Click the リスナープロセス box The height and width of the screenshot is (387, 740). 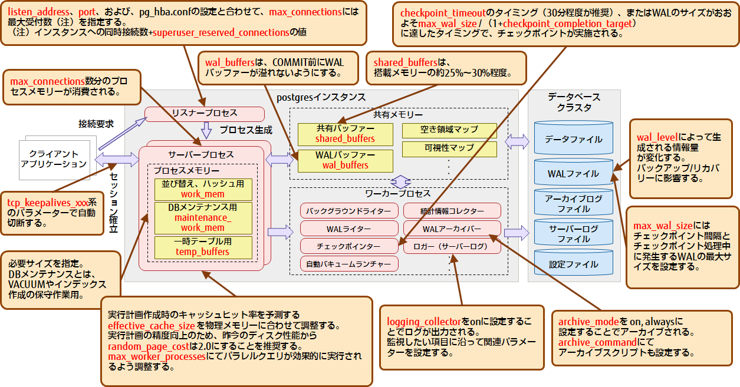tap(204, 113)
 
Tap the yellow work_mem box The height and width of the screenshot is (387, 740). tap(203, 189)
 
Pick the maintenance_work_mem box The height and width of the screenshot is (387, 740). tap(203, 218)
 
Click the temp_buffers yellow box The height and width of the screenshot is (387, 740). tap(203, 247)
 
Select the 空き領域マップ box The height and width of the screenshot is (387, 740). tap(449, 130)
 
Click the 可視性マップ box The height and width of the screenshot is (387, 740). tap(449, 148)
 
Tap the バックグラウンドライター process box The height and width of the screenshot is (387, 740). tap(348, 211)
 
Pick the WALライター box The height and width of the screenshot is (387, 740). tap(348, 229)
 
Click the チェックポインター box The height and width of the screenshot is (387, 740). tap(348, 246)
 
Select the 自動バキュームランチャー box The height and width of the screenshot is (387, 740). tap(348, 264)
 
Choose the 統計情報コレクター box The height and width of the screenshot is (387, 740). tap(452, 211)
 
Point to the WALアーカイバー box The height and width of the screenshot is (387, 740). tap(452, 229)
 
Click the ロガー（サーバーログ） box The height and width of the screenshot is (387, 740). tap(452, 246)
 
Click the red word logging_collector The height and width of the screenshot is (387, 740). tap(423, 322)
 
